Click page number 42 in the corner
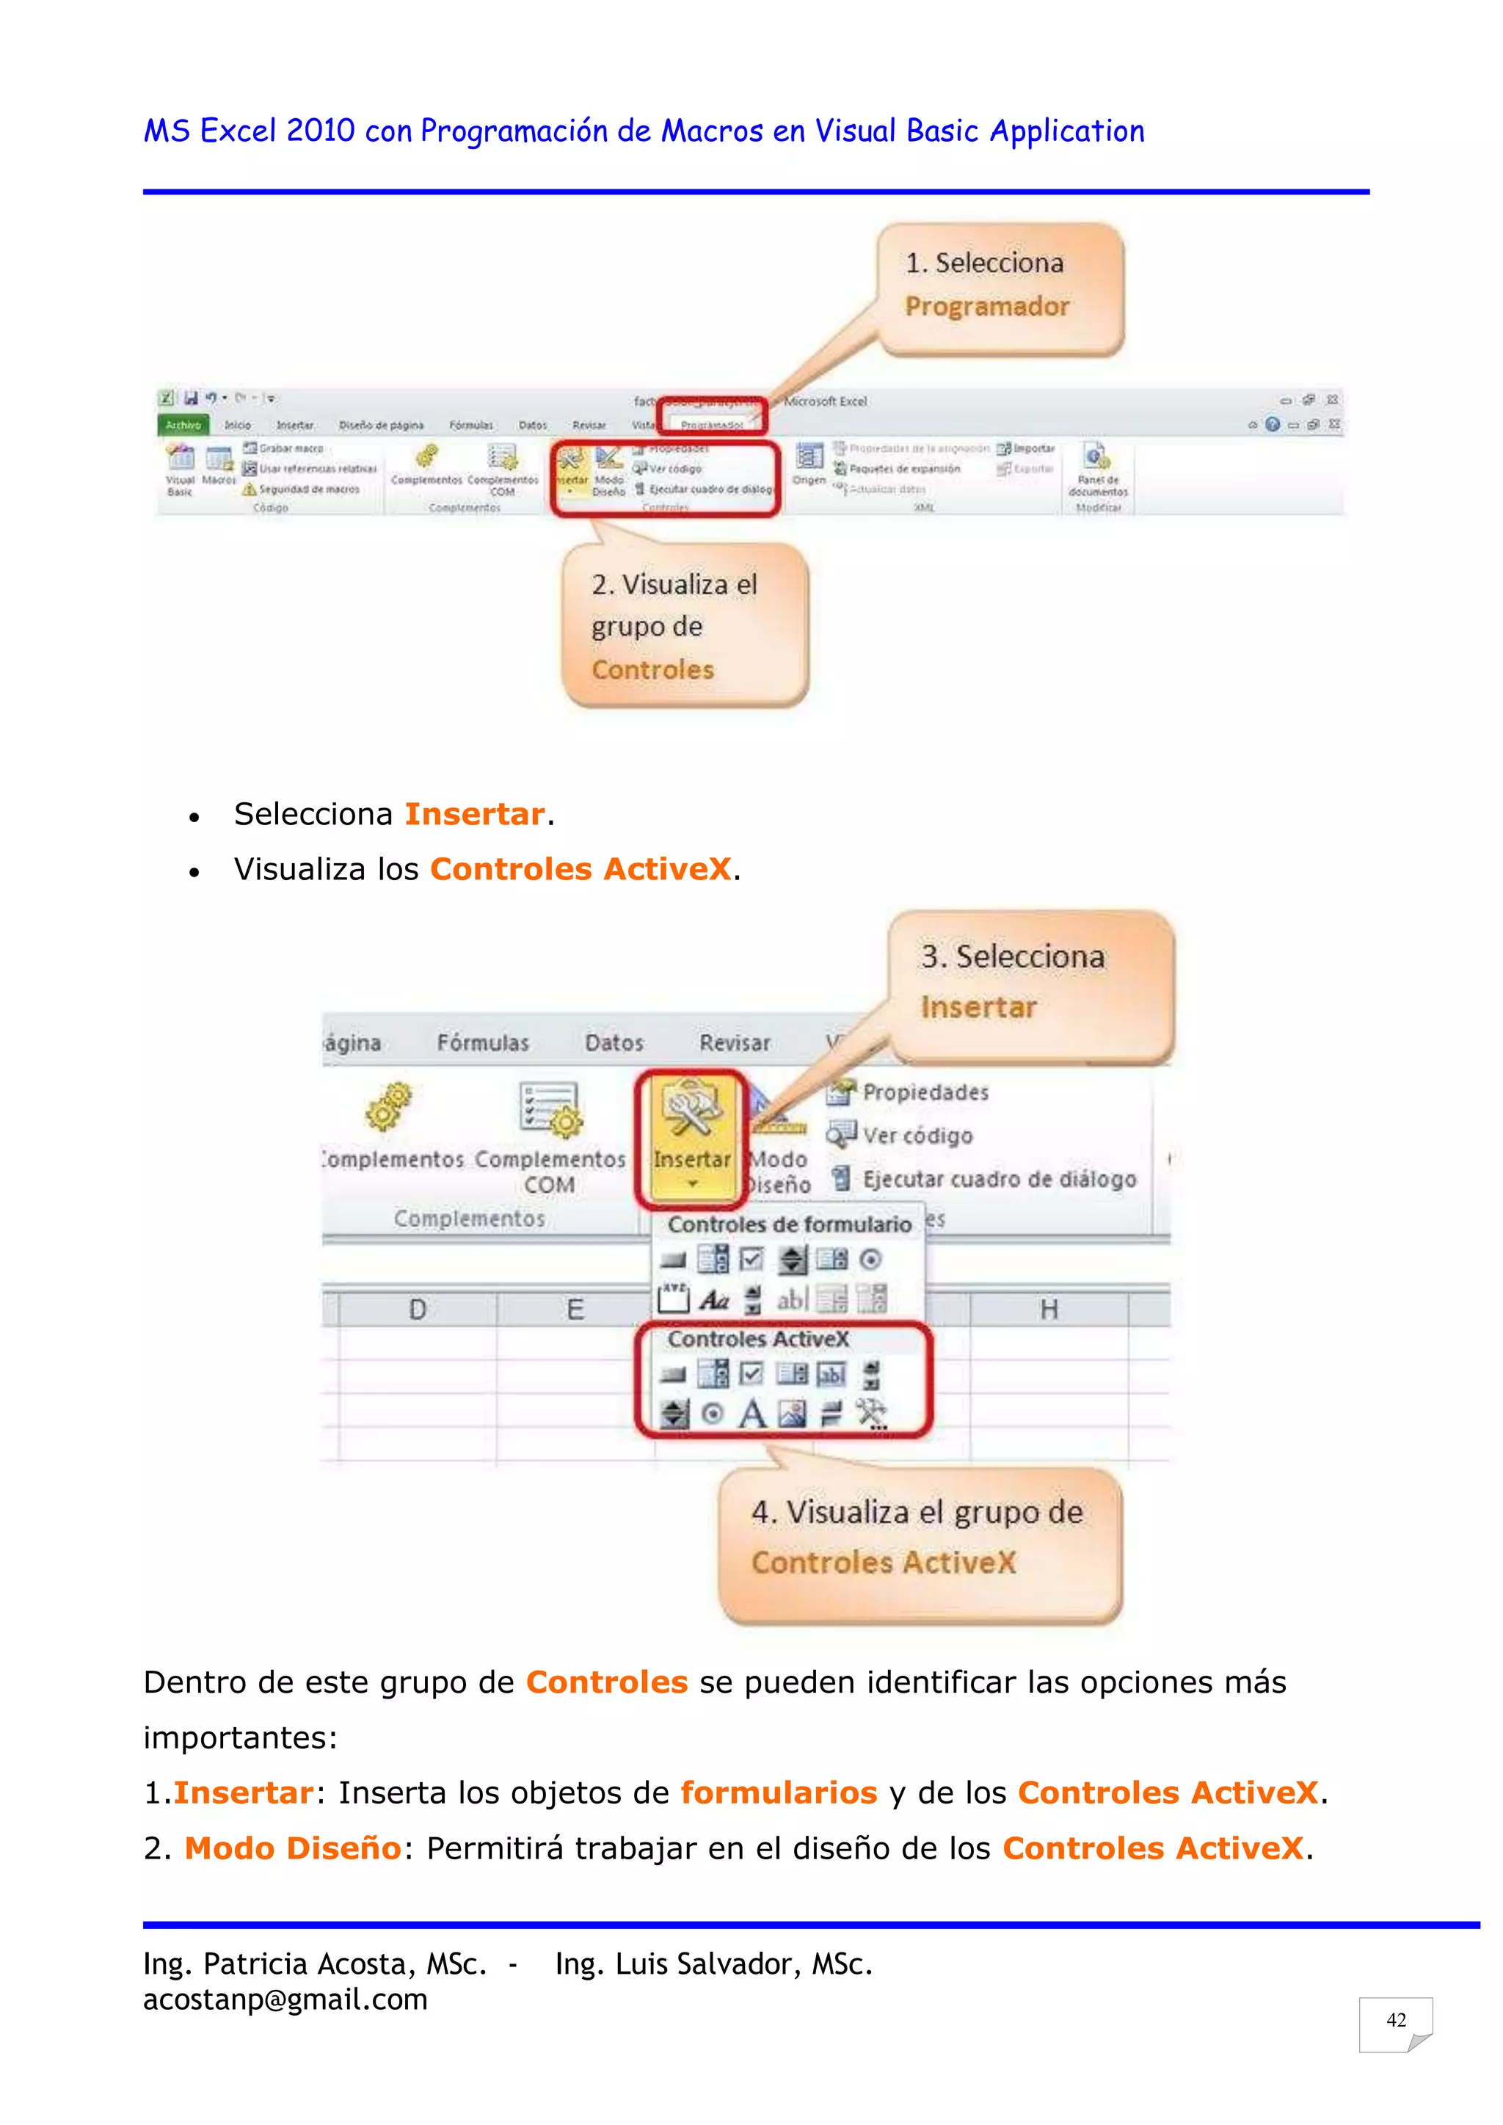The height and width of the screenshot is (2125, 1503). click(1396, 2019)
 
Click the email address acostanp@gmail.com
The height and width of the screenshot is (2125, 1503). click(285, 1999)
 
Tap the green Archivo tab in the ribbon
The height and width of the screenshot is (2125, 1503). click(183, 425)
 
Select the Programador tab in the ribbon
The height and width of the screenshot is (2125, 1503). click(712, 424)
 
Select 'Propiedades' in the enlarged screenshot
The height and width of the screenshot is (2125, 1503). click(925, 1093)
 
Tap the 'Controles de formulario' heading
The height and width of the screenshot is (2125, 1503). click(788, 1224)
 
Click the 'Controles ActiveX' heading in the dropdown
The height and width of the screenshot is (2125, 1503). click(758, 1340)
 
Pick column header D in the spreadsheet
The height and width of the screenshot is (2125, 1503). click(418, 1309)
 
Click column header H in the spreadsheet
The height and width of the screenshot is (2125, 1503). click(1049, 1309)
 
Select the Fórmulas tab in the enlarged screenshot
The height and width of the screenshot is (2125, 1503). click(482, 1043)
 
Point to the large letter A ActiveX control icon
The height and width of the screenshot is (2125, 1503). click(752, 1413)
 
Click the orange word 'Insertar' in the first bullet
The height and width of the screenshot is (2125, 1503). click(474, 815)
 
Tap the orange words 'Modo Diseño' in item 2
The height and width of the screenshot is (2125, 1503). click(293, 1848)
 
